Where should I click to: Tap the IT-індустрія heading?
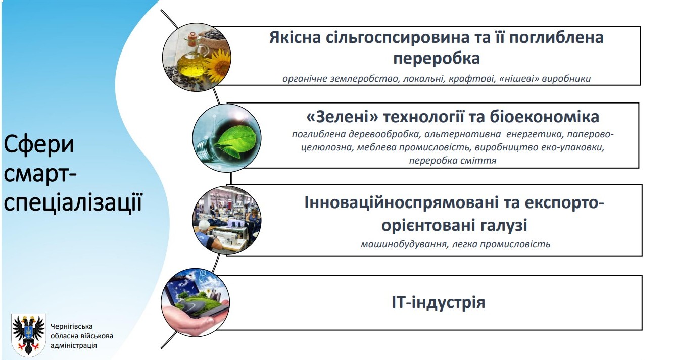(x=439, y=302)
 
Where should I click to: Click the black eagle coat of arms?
(x=29, y=335)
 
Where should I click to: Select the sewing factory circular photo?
(x=227, y=220)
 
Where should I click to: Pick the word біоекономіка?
(x=544, y=117)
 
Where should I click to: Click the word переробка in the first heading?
(x=437, y=58)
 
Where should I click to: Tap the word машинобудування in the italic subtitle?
(x=404, y=244)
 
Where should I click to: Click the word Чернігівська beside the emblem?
(x=72, y=326)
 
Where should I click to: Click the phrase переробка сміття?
(x=453, y=160)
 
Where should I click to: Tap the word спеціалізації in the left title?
(x=73, y=203)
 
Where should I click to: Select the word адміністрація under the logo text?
(x=74, y=345)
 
